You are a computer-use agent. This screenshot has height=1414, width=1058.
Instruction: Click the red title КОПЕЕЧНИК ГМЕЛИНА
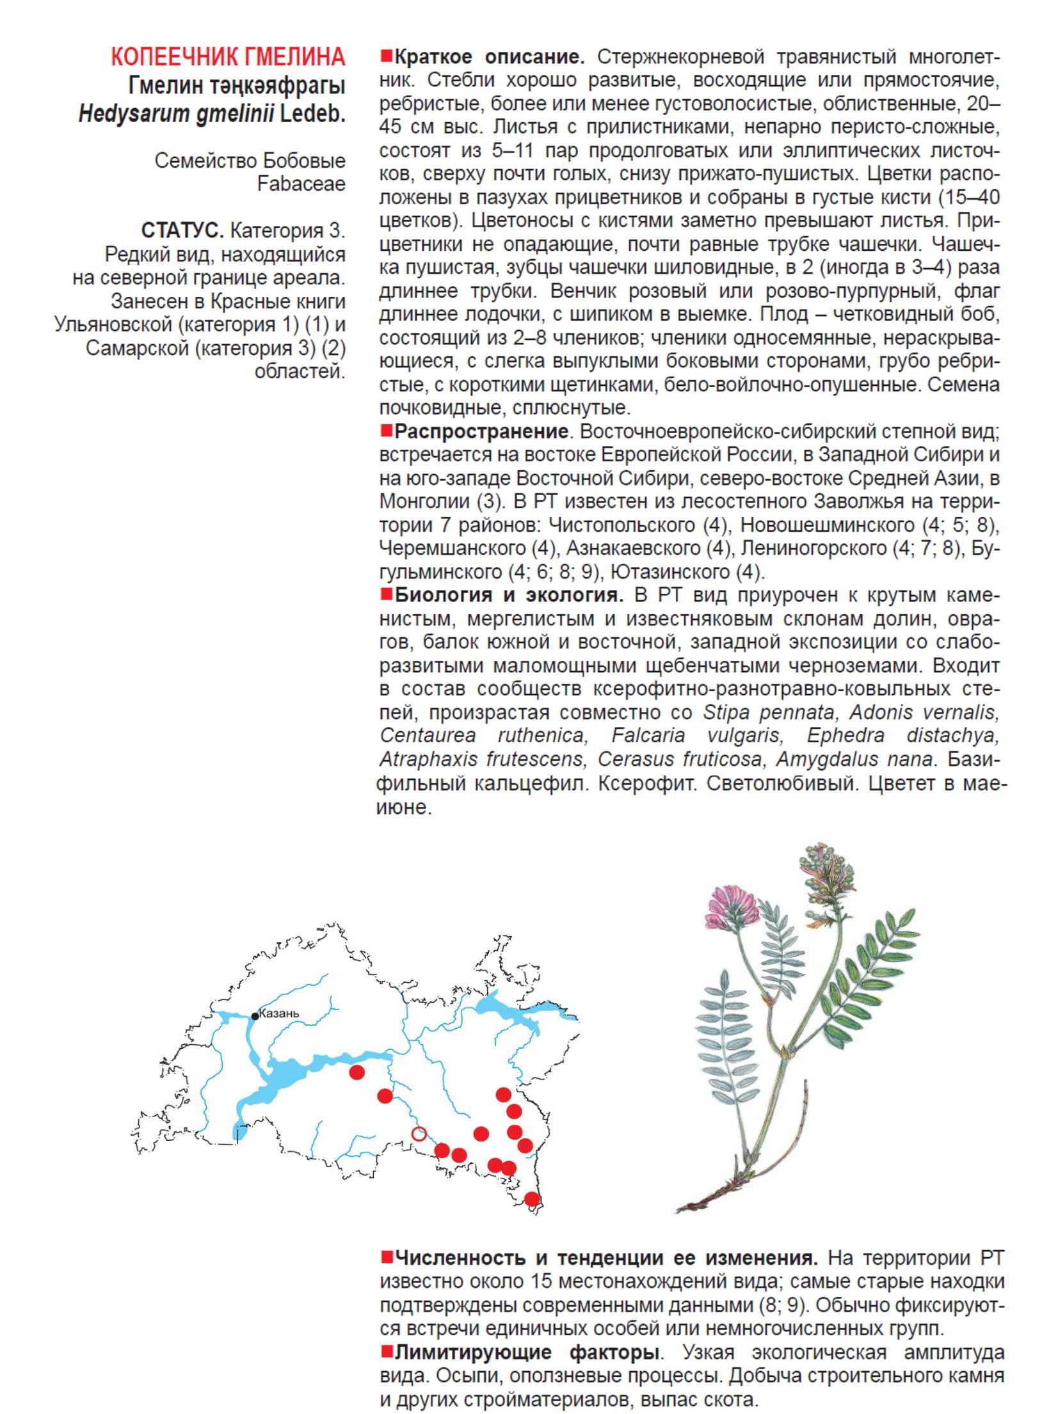click(x=228, y=58)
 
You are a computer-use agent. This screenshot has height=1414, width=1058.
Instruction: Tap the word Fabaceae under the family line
click(x=301, y=184)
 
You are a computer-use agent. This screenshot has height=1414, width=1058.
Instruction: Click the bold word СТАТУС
click(x=182, y=230)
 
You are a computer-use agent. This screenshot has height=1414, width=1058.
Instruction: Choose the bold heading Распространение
click(x=481, y=431)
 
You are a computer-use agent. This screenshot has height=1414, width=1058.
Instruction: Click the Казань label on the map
click(x=280, y=1013)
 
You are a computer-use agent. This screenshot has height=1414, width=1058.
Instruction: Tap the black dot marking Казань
click(x=255, y=1016)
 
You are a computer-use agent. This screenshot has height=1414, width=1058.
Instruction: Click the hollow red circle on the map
click(x=419, y=1134)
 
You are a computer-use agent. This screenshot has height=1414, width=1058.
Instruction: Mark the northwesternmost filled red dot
click(x=357, y=1072)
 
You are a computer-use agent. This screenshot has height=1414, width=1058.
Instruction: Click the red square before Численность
click(x=386, y=1258)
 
